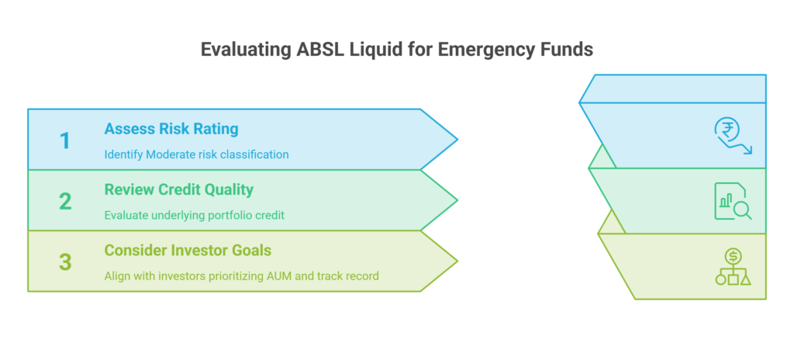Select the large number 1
pyautogui.click(x=65, y=140)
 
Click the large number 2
pyautogui.click(x=65, y=201)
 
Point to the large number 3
pyautogui.click(x=65, y=262)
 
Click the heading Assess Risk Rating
pyautogui.click(x=171, y=130)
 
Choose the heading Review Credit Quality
pyautogui.click(x=179, y=189)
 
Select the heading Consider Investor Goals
pyautogui.click(x=188, y=251)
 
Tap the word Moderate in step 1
pyautogui.click(x=167, y=154)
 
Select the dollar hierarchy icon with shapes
pyautogui.click(x=733, y=267)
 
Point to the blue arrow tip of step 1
pyautogui.click(x=457, y=140)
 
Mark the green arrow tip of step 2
pyautogui.click(x=457, y=200)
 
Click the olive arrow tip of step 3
pyautogui.click(x=457, y=261)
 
